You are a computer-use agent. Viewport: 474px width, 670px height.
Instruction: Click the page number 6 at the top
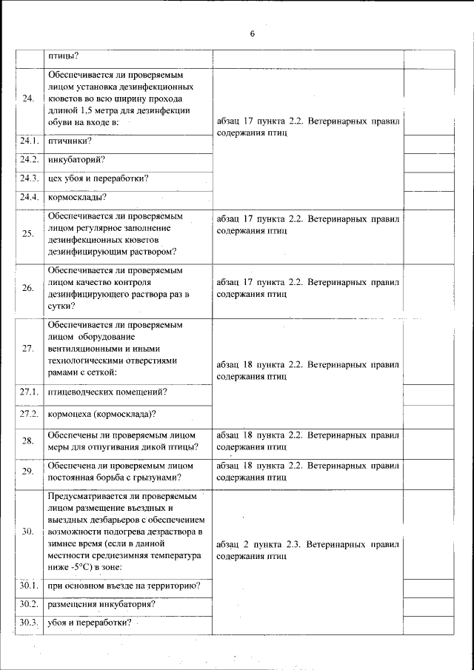coord(252,34)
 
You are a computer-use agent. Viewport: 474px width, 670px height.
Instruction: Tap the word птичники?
coord(70,141)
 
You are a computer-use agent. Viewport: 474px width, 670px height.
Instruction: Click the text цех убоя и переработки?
coord(98,178)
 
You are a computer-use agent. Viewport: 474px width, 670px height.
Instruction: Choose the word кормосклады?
coord(77,196)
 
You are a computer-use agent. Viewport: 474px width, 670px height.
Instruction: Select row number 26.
coord(29,288)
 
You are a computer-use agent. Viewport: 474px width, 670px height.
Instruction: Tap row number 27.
coord(29,349)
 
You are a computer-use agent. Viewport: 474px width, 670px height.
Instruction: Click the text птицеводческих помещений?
coord(107,391)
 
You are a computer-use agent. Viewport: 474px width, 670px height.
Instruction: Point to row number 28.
coord(29,441)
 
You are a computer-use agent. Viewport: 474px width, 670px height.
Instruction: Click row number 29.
coord(29,472)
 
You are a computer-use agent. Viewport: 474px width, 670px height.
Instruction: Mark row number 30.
coord(29,532)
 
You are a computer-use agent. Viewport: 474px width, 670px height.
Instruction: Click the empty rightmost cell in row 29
coord(429,472)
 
